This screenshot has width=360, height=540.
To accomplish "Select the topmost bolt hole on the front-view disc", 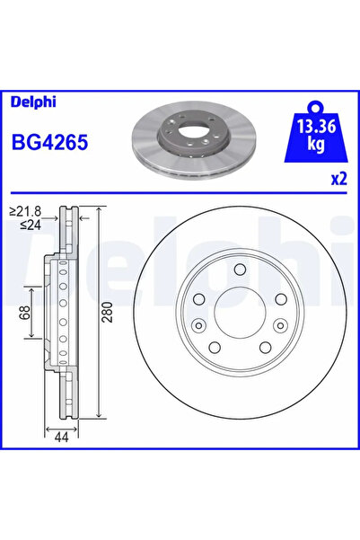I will click(x=239, y=270).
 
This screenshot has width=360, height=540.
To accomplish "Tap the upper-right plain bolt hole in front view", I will click(x=279, y=299).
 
